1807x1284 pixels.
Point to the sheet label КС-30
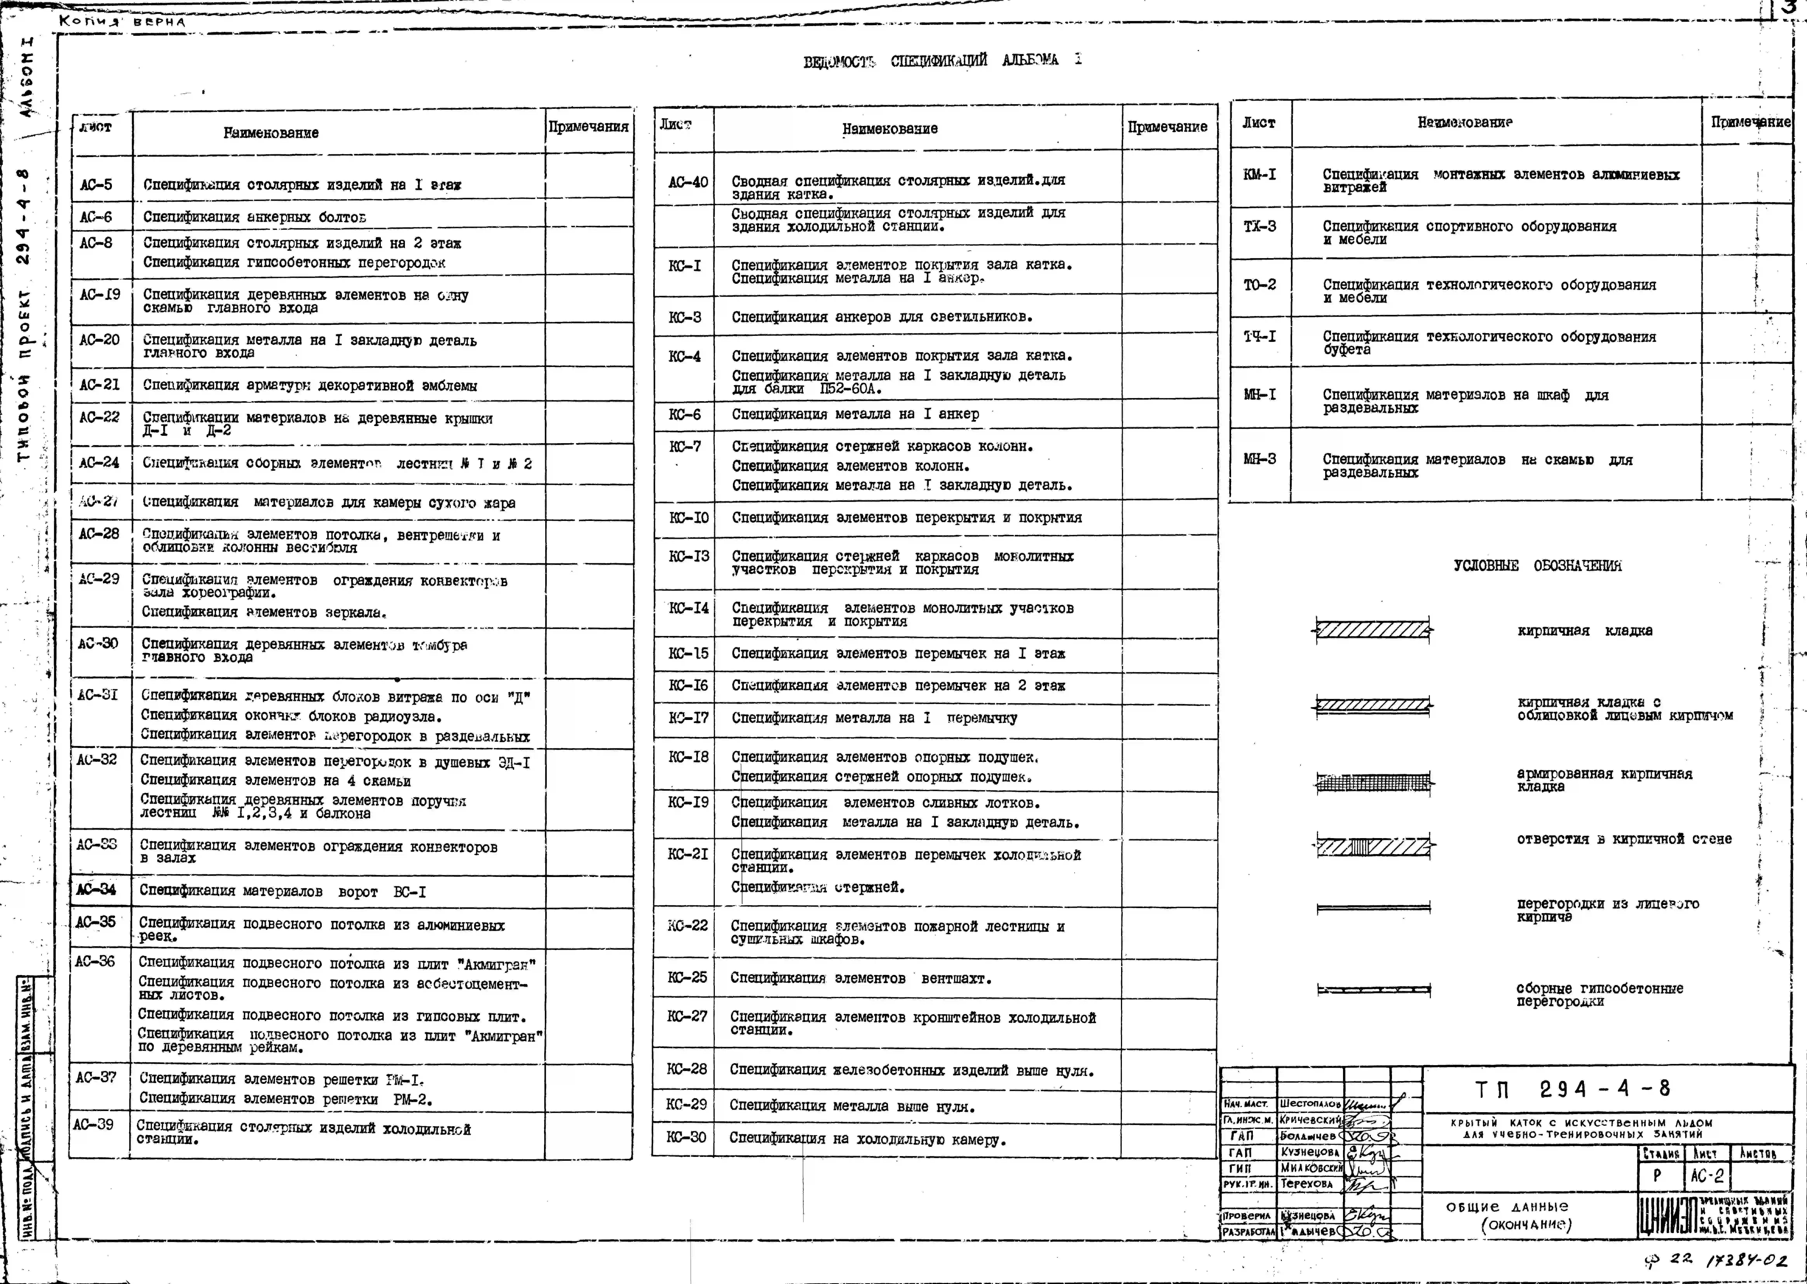click(x=686, y=1137)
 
